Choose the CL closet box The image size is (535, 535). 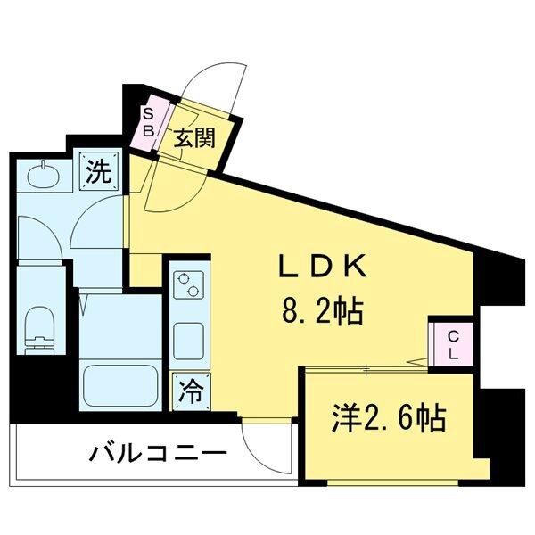click(x=451, y=342)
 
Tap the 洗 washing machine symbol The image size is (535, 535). click(x=98, y=169)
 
